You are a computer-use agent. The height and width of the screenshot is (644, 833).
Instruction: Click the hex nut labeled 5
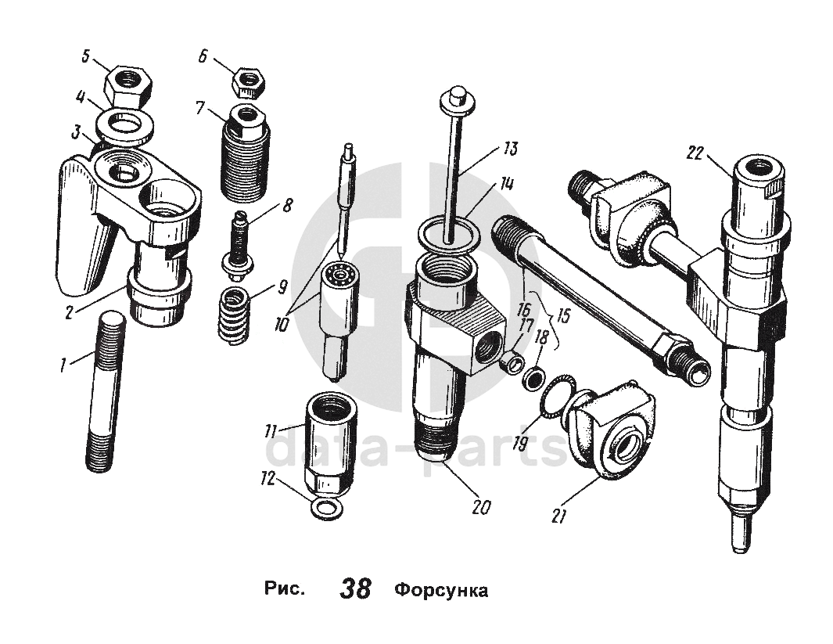coord(126,81)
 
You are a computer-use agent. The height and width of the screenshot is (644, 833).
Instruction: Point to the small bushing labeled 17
coord(512,362)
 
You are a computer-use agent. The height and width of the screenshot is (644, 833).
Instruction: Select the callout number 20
coord(481,506)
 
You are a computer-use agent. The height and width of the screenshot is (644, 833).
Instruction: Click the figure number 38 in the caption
coord(355,588)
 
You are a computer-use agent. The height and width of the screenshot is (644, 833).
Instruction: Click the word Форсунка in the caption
coord(441,589)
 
